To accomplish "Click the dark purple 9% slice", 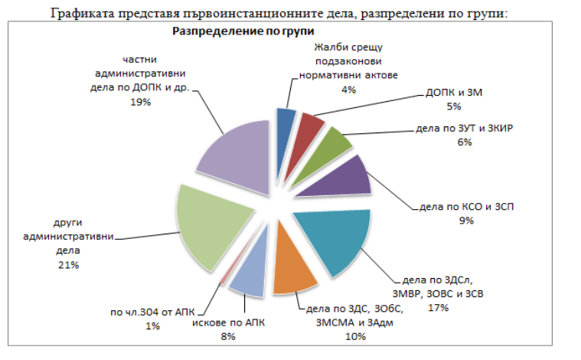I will (x=342, y=175).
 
